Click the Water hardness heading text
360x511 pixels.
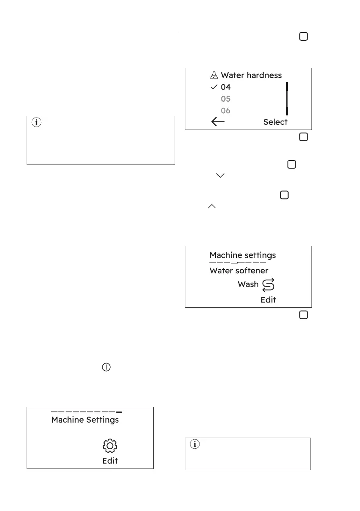click(x=251, y=75)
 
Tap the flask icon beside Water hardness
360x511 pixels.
click(x=214, y=75)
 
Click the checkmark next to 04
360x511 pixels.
click(x=214, y=87)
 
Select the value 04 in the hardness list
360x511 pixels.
click(x=226, y=87)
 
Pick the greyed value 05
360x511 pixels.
click(x=226, y=99)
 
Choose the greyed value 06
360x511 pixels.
click(x=226, y=111)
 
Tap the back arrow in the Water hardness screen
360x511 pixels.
click(x=218, y=122)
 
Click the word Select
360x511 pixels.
click(x=275, y=122)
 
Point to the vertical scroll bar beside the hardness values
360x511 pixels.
click(x=287, y=99)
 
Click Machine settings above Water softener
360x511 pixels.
click(x=242, y=255)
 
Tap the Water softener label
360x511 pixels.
click(x=239, y=271)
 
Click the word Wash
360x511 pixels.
click(x=248, y=284)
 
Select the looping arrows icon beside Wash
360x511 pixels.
click(x=268, y=284)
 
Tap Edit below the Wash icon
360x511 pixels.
click(x=268, y=299)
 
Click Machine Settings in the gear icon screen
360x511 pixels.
click(x=85, y=420)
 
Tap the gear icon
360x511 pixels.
click(x=110, y=446)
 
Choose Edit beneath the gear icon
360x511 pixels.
click(x=110, y=461)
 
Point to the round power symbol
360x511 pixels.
click(x=106, y=368)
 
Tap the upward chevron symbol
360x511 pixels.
click(x=212, y=206)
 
